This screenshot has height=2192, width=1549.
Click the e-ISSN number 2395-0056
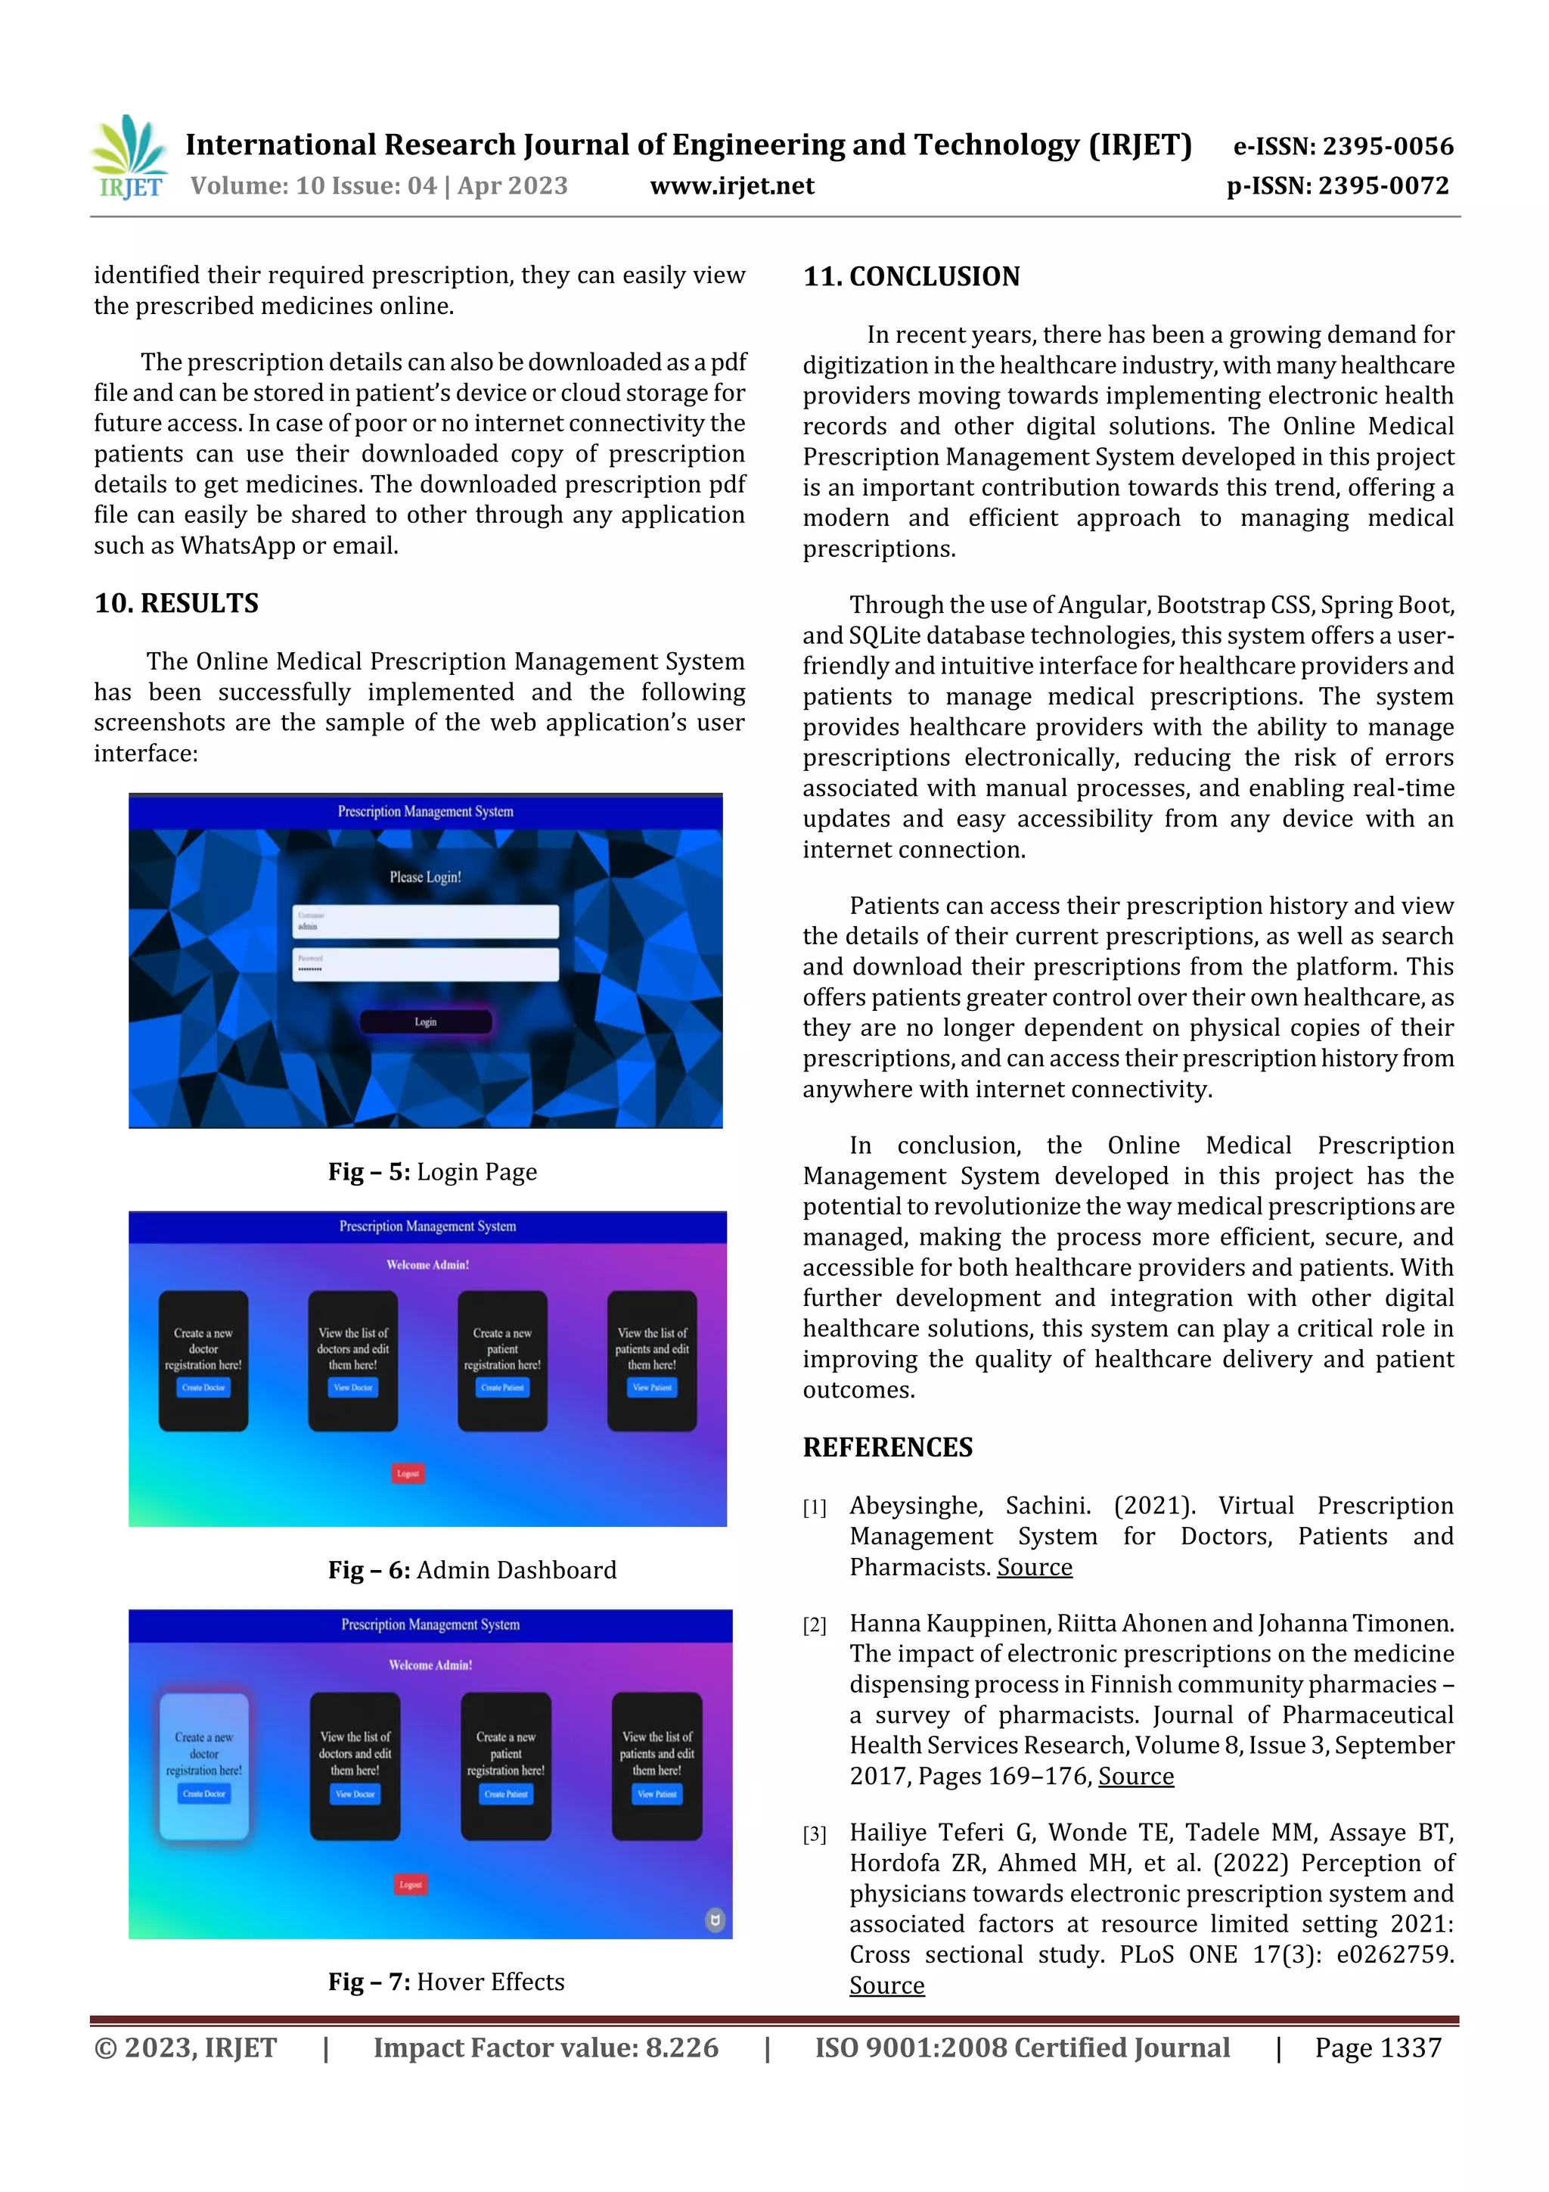click(x=1386, y=146)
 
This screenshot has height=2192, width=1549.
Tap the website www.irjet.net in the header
click(x=732, y=185)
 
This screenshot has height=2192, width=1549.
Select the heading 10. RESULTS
click(x=176, y=603)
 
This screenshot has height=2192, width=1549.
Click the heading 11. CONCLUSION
click(x=911, y=277)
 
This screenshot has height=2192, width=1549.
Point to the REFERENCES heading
click(x=888, y=1447)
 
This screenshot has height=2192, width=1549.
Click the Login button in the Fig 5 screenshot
click(x=426, y=1021)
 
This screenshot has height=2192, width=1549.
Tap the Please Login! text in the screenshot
click(x=425, y=876)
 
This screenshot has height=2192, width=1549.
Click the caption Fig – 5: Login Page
click(x=433, y=1171)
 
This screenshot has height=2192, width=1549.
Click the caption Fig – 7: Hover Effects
click(x=445, y=1982)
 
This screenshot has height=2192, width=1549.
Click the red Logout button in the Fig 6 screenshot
click(x=408, y=1473)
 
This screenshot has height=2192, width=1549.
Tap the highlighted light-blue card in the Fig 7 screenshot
click(x=204, y=1766)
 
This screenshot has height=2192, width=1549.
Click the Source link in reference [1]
click(x=1035, y=1567)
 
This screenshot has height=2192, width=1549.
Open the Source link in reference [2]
click(x=1136, y=1776)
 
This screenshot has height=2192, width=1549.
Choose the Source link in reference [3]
click(x=886, y=1985)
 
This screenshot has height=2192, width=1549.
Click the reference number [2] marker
click(x=814, y=1625)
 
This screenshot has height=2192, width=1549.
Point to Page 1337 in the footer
click(x=1377, y=2047)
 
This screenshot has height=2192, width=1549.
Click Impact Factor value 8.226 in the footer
click(x=545, y=2047)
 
